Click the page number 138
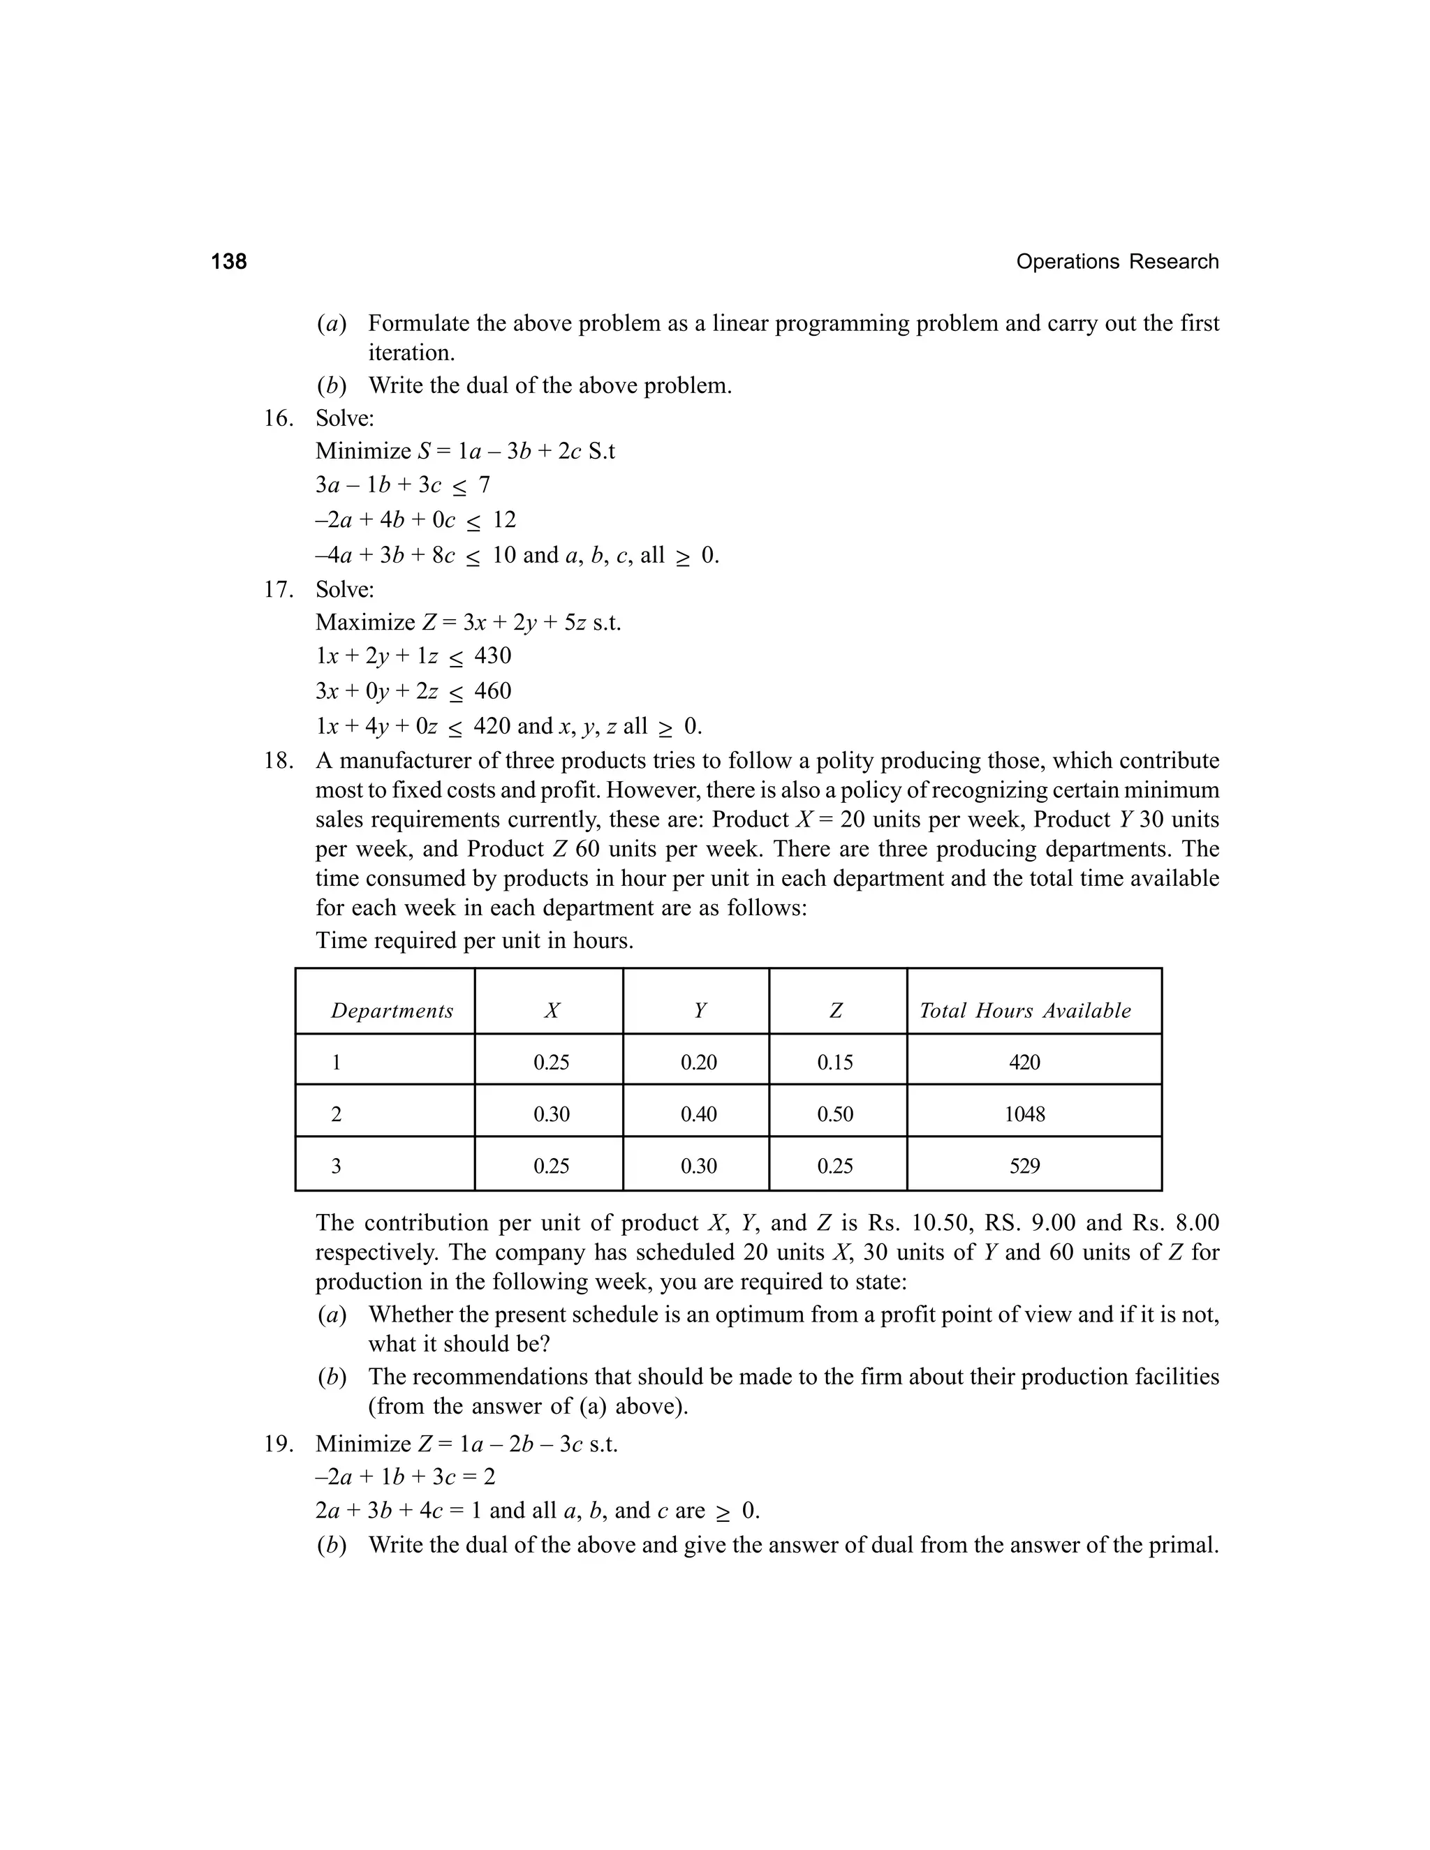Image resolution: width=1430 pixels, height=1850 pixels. point(229,262)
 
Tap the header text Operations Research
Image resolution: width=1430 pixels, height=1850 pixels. point(1116,262)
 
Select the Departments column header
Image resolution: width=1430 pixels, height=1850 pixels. point(392,1011)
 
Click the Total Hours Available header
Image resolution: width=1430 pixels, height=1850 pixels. point(1024,1011)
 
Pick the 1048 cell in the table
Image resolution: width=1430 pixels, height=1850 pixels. point(1024,1114)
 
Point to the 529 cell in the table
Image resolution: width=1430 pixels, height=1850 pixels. point(1024,1167)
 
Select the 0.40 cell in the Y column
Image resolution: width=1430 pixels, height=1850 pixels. point(698,1114)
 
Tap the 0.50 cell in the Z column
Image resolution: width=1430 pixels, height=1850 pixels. point(834,1114)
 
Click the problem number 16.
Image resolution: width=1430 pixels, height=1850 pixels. point(278,417)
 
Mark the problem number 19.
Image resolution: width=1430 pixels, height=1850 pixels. point(278,1444)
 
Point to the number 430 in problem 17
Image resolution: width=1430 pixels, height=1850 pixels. point(492,656)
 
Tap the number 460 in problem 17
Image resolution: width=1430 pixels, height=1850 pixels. point(492,690)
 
